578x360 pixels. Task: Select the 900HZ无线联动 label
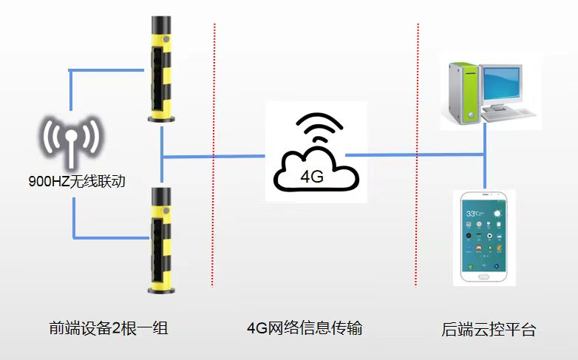tap(72, 181)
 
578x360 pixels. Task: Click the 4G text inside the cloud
tap(313, 177)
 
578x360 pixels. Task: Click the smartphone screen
tap(484, 237)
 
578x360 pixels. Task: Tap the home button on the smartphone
tap(484, 276)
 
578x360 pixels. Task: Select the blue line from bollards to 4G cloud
tap(214, 156)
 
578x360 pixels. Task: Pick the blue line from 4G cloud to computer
tap(414, 154)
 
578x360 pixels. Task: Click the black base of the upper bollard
tap(161, 117)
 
